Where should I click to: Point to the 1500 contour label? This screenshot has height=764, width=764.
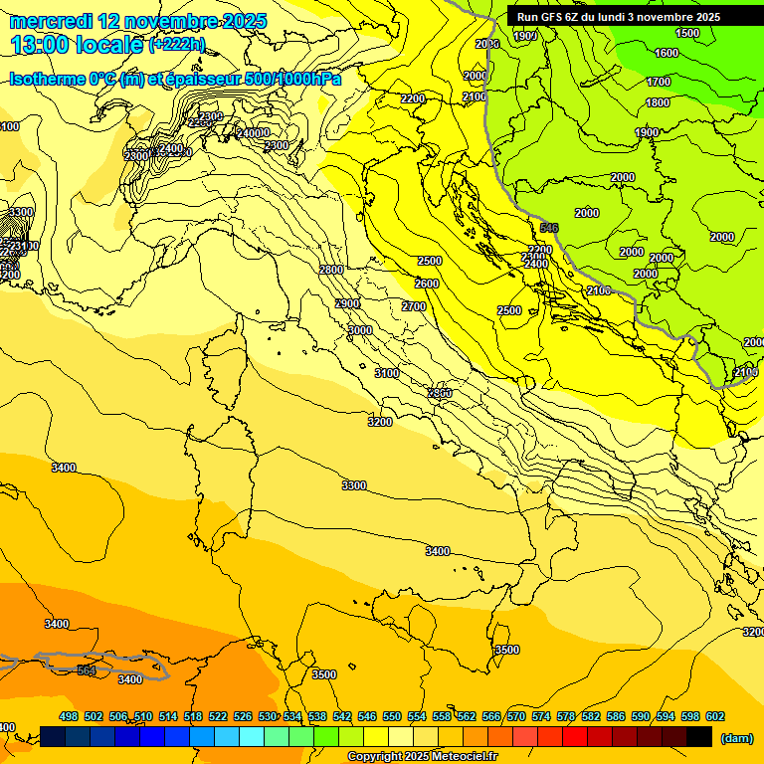click(687, 33)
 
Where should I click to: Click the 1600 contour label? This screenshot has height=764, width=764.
click(667, 53)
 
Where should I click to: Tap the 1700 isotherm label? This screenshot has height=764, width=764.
click(659, 82)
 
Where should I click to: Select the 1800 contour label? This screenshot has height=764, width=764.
click(658, 102)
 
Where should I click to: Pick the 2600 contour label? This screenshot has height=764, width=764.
click(426, 284)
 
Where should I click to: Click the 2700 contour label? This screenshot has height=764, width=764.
click(414, 306)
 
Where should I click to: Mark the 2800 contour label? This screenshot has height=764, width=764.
click(331, 270)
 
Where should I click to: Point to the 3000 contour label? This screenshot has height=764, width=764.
click(360, 330)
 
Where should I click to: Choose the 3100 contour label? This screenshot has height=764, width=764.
click(387, 373)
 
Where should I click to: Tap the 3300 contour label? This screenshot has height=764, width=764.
click(354, 485)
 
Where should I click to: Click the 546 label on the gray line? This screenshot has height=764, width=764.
click(549, 228)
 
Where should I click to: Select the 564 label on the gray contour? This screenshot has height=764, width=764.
click(87, 670)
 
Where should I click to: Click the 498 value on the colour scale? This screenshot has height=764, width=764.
click(69, 716)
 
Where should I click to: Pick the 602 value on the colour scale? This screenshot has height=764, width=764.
click(714, 716)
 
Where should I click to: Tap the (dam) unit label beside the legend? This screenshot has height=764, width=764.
click(736, 737)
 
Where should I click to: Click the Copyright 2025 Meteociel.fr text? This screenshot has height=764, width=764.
click(422, 757)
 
